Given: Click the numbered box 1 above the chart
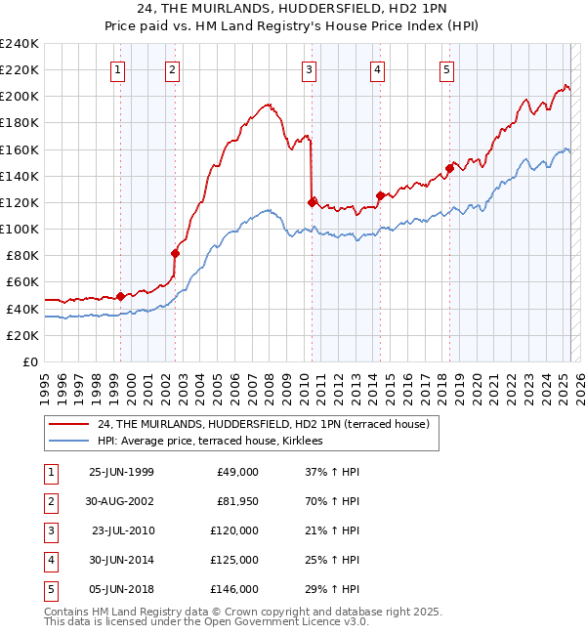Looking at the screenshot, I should pyautogui.click(x=117, y=69).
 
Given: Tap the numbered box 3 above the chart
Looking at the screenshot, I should pyautogui.click(x=309, y=69).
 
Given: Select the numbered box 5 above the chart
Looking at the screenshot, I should pyautogui.click(x=446, y=69).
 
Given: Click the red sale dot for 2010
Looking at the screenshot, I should pyautogui.click(x=313, y=202).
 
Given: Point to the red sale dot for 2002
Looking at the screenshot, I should pyautogui.click(x=176, y=253).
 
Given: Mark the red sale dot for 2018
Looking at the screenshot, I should pyautogui.click(x=449, y=168).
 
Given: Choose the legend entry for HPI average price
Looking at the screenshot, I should pyautogui.click(x=216, y=442).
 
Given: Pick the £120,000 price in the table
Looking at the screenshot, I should pyautogui.click(x=234, y=530).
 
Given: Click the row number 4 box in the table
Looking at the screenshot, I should pyautogui.click(x=48, y=560).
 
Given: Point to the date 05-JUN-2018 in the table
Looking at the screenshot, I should pyautogui.click(x=121, y=589).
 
